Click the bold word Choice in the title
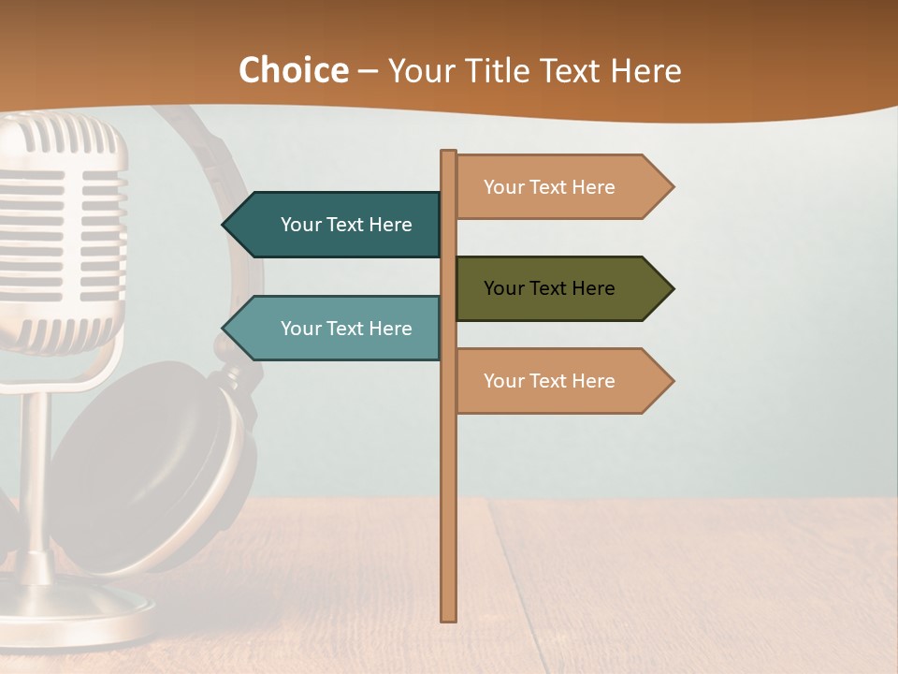coord(293,71)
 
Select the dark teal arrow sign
coord(337,225)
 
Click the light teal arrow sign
coord(337,329)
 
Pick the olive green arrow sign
coord(557,288)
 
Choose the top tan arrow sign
coord(557,187)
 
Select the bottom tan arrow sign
coord(557,381)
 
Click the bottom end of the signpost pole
coord(449,618)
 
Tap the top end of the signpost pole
coord(449,153)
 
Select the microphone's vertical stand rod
coord(35,468)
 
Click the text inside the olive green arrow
coord(549,288)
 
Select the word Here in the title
coord(645,71)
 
